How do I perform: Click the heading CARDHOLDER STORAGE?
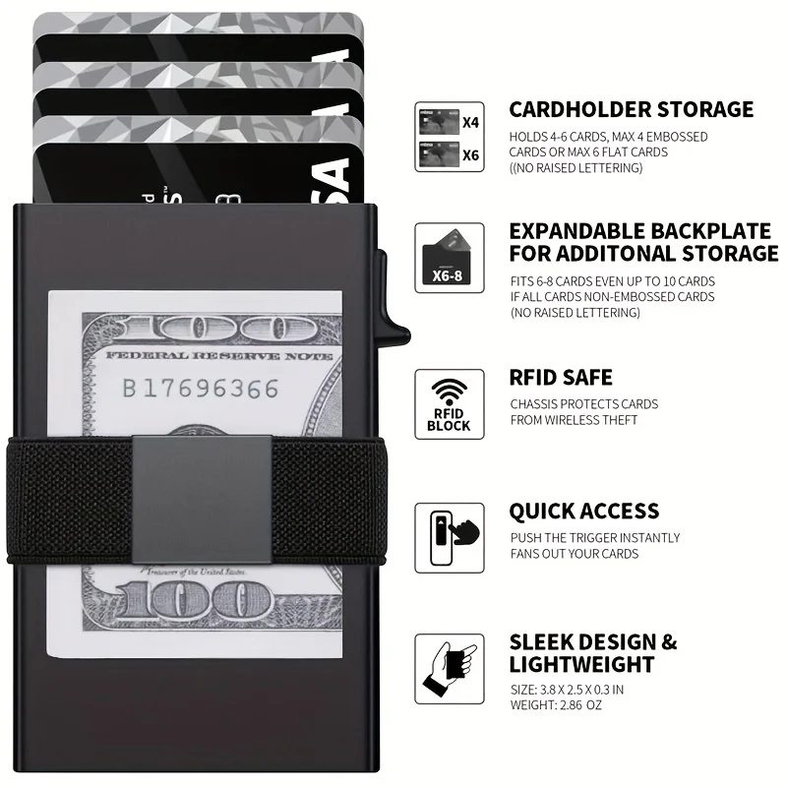631,109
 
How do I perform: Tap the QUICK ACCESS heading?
583,512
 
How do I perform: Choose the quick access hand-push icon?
450,537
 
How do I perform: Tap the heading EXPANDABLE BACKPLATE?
639,232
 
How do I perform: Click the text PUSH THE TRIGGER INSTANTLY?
594,537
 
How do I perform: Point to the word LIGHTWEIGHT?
581,665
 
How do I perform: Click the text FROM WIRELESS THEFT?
574,420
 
